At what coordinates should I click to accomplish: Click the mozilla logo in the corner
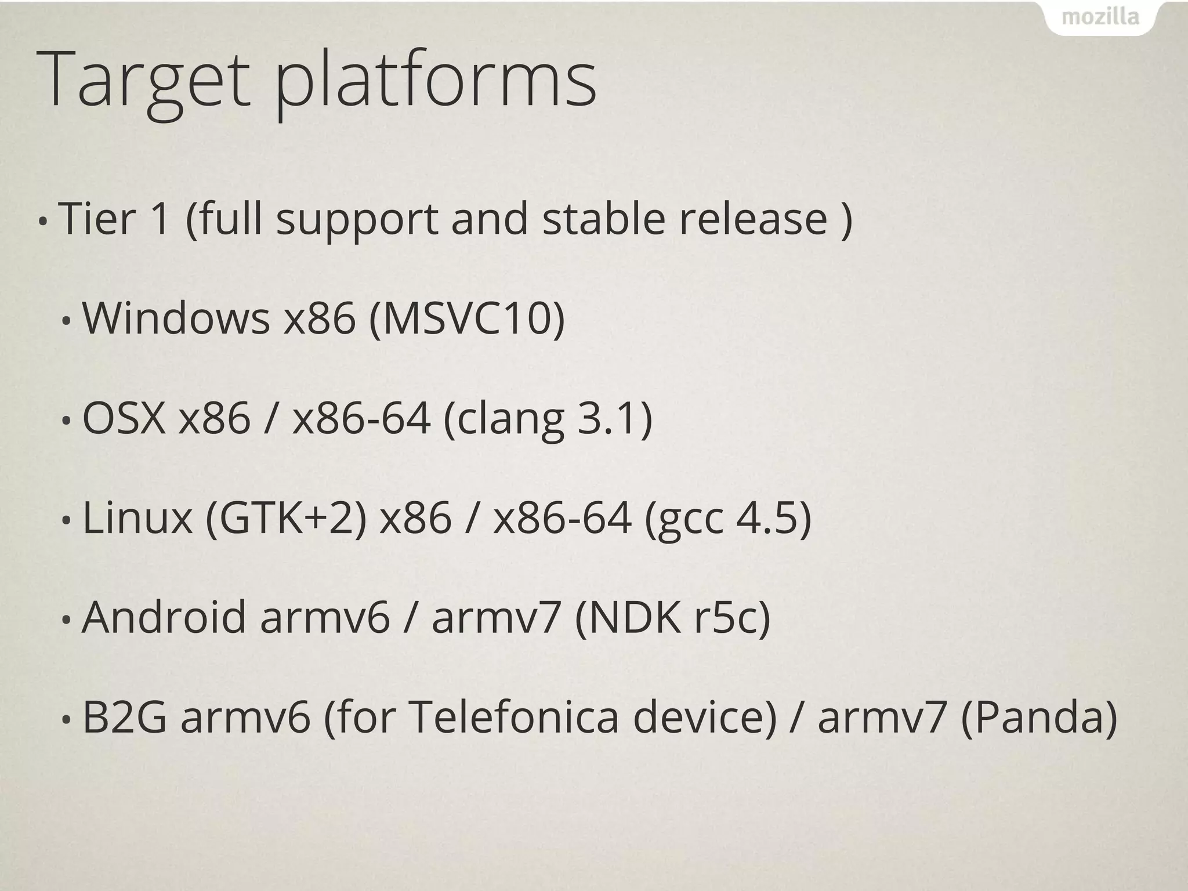pyautogui.click(x=1100, y=17)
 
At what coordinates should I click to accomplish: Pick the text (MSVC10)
pyautogui.click(x=467, y=318)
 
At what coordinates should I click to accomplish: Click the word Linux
pyautogui.click(x=137, y=517)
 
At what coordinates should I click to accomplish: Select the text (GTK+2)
pyautogui.click(x=286, y=517)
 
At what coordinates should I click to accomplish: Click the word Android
pyautogui.click(x=164, y=617)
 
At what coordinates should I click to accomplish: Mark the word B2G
pyautogui.click(x=125, y=718)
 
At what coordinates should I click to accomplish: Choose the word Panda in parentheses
pyautogui.click(x=1038, y=718)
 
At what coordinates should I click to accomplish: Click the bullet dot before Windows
pyautogui.click(x=67, y=321)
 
